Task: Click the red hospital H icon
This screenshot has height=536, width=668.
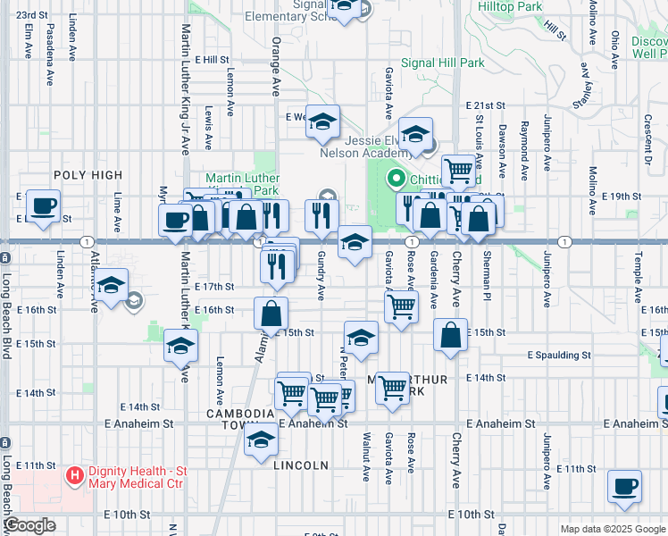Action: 75,473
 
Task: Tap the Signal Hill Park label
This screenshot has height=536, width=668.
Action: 442,63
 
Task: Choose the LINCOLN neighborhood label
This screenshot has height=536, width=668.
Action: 301,465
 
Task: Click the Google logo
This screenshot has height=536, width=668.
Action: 30,525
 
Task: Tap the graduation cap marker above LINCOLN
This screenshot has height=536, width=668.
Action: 261,441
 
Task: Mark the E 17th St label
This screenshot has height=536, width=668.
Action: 214,287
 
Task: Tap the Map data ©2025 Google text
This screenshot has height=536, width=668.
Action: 612,529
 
